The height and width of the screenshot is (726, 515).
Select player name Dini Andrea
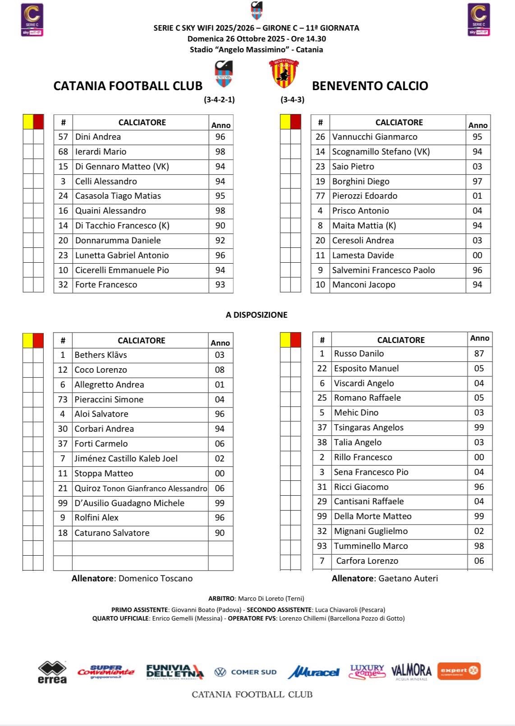[98, 137]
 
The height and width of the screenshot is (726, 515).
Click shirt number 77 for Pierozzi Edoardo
[320, 196]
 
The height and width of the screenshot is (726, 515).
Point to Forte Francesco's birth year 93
[220, 285]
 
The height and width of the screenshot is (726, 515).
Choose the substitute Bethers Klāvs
[101, 355]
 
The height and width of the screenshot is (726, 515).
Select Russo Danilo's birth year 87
[479, 354]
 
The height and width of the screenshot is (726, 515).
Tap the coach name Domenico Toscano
[155, 578]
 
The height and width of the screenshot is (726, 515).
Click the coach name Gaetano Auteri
[408, 578]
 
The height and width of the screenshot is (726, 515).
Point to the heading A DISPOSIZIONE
[257, 315]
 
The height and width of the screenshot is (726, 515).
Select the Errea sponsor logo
[52, 672]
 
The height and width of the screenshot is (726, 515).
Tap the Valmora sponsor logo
[411, 671]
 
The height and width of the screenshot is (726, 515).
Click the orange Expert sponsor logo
[459, 671]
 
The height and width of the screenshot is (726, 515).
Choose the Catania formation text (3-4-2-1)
[219, 100]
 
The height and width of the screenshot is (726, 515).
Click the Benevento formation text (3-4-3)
[292, 100]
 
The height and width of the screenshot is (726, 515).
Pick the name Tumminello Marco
[371, 546]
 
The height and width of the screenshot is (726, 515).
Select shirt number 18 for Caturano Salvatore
[63, 533]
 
